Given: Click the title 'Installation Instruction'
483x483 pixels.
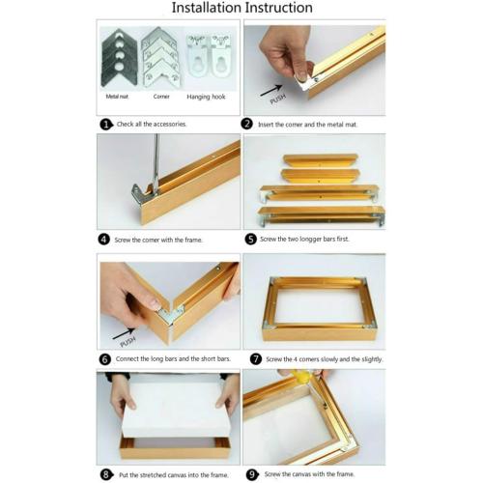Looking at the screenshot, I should pos(241,9).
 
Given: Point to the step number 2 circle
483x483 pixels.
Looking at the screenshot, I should pos(248,125).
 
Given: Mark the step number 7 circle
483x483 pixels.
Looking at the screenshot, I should pos(255,358).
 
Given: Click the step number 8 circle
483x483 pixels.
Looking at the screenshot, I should pos(106,474).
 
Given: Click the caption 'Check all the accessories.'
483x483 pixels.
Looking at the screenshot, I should pos(152,125).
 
